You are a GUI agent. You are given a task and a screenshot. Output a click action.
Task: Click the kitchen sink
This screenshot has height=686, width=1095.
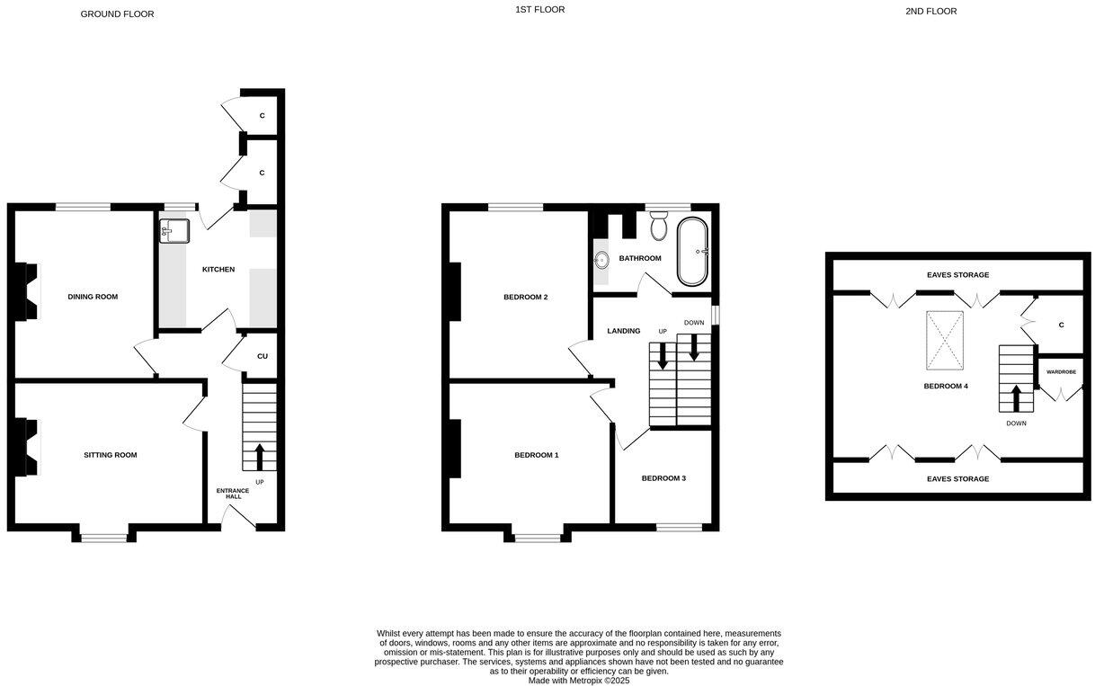coord(174,231)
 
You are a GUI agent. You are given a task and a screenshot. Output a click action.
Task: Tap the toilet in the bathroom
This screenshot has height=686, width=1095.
coord(658,226)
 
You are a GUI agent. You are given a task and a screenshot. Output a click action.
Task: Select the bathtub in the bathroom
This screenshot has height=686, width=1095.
coord(693,251)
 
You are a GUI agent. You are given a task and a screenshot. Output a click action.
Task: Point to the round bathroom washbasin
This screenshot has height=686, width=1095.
coord(601,261)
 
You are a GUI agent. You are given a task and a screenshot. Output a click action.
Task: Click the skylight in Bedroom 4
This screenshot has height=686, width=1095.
coord(945,341)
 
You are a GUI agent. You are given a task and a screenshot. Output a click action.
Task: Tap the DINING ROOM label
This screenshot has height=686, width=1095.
coord(93,297)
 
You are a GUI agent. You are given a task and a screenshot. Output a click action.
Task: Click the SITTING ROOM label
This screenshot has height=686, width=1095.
coord(111,455)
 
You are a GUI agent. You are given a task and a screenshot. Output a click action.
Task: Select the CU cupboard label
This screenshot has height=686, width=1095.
coord(263,356)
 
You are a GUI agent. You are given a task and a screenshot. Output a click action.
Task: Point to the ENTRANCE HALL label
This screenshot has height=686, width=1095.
coord(233,494)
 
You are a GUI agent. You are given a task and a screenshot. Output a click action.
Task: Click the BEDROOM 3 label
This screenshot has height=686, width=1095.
coord(663,478)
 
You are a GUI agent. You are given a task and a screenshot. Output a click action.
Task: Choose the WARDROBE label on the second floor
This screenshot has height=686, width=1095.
coord(1061,371)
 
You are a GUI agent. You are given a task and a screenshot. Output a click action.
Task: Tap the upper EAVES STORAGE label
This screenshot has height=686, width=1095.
coord(957,275)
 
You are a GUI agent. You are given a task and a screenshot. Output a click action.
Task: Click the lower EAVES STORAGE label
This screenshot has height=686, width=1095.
coord(957,479)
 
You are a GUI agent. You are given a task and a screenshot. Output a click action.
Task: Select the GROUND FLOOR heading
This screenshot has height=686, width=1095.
coord(117,14)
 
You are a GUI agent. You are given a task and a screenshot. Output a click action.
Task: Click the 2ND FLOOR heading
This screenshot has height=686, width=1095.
coord(931,12)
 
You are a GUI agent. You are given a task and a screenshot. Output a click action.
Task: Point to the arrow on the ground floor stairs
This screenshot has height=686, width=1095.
coord(260,457)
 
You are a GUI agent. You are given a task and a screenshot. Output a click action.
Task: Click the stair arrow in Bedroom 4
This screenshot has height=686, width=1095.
coord(1017,398)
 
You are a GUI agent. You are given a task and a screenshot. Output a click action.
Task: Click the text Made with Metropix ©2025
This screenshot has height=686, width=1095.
coord(579,681)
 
